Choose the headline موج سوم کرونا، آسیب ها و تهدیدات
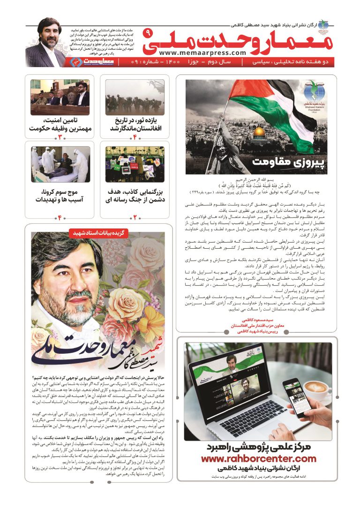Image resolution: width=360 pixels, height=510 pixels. coord(60,196)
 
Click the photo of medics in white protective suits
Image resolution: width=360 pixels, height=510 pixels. coord(60,164)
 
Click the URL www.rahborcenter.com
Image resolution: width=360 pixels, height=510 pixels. coord(258,459)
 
